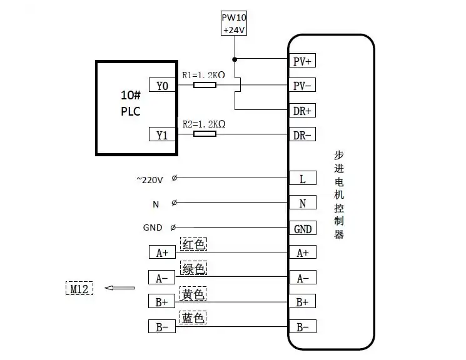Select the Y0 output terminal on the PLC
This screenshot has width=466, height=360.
[x=162, y=86]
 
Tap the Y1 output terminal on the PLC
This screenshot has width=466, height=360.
[x=162, y=134]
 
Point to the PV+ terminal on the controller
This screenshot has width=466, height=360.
[x=303, y=61]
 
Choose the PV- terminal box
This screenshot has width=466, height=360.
[x=303, y=86]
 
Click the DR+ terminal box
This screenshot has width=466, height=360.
[x=303, y=111]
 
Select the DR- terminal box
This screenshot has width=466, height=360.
[x=303, y=135]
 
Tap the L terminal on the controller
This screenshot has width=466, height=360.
[x=303, y=179]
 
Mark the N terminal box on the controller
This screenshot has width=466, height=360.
[x=303, y=203]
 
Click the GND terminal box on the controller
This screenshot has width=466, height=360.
[x=303, y=229]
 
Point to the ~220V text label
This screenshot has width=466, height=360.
[x=149, y=179]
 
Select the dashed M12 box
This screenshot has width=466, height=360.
[x=79, y=288]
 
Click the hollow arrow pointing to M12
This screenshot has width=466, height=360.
[x=119, y=288]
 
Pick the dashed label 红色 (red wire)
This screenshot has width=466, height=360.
[x=193, y=244]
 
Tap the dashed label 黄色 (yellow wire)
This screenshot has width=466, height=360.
[x=193, y=294]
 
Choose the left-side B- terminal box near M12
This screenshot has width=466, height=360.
[x=162, y=327]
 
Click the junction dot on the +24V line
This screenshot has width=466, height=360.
[x=234, y=60]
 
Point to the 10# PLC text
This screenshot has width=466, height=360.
[x=130, y=104]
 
